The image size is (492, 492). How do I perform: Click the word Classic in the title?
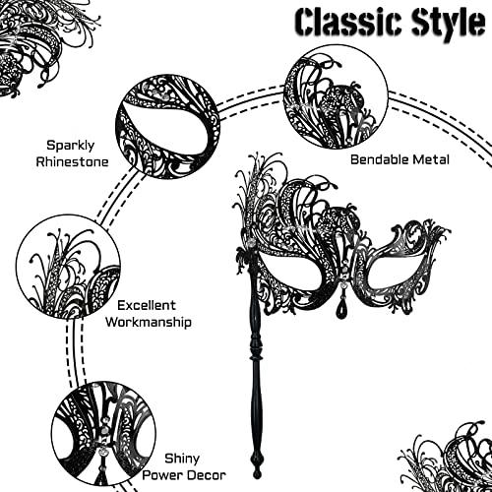pos(348,23)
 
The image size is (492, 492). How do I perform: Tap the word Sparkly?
pos(70,146)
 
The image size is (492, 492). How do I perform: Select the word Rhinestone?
pos(72,161)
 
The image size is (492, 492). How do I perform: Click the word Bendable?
pos(379,159)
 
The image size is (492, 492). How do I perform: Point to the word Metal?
pos(431,159)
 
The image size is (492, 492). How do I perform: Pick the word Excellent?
pos(147,305)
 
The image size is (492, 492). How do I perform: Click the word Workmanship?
pos(149,322)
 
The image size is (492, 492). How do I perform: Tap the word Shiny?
pos(182,459)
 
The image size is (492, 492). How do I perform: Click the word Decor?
pos(206,475)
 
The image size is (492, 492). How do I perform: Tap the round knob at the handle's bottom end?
pos(257,473)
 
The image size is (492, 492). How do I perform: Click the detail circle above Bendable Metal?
pos(336,97)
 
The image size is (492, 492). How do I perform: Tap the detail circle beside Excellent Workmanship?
pos(68,267)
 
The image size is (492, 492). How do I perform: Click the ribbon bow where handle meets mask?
pos(242,255)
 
